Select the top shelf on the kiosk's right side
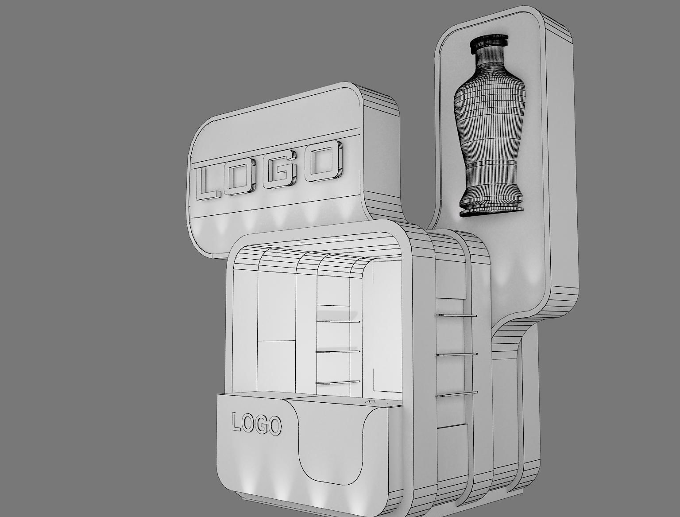[456, 315]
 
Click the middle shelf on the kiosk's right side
[456, 354]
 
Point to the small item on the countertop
[370, 401]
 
